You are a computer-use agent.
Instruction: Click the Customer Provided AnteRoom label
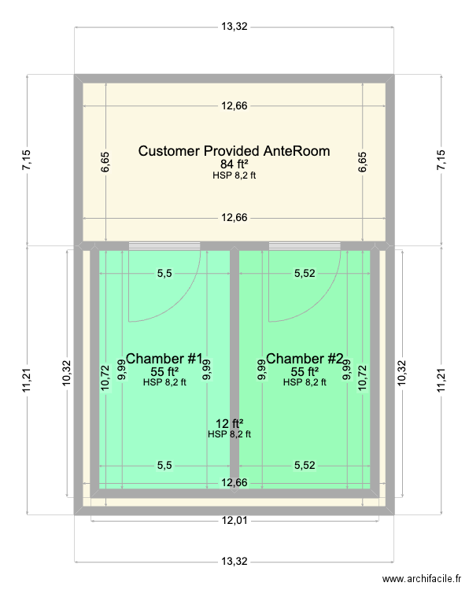[234, 151]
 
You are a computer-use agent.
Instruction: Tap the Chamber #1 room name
[164, 359]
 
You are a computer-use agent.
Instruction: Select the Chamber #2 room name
[305, 359]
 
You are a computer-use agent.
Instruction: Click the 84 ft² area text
[234, 164]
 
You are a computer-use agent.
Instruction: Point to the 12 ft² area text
[229, 424]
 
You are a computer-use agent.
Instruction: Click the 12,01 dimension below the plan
[234, 521]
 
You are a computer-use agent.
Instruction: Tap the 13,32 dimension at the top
[234, 26]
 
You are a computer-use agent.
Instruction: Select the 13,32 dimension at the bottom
[234, 562]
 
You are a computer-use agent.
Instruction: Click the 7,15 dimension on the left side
[27, 160]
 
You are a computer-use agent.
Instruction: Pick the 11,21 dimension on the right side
[441, 380]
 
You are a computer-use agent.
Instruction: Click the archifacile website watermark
[422, 579]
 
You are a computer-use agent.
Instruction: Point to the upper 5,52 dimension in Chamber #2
[305, 273]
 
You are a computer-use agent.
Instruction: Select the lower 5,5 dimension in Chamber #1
[164, 466]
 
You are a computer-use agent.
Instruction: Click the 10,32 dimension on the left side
[67, 373]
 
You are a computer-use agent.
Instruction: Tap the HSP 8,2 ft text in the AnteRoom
[234, 175]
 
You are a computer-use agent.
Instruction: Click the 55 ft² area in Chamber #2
[305, 372]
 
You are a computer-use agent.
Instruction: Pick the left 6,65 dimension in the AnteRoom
[105, 162]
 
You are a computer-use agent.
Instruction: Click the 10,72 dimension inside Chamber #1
[105, 378]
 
